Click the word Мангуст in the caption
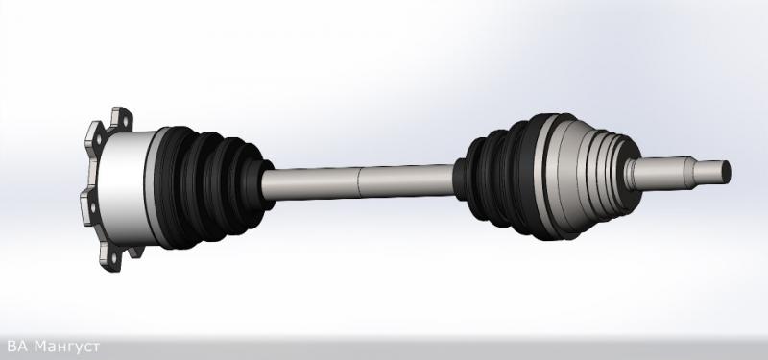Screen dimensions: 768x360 click(67, 347)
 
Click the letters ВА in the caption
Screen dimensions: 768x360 click(17, 347)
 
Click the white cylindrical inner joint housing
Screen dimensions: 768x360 click(129, 187)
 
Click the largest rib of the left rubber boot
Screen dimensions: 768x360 click(173, 187)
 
